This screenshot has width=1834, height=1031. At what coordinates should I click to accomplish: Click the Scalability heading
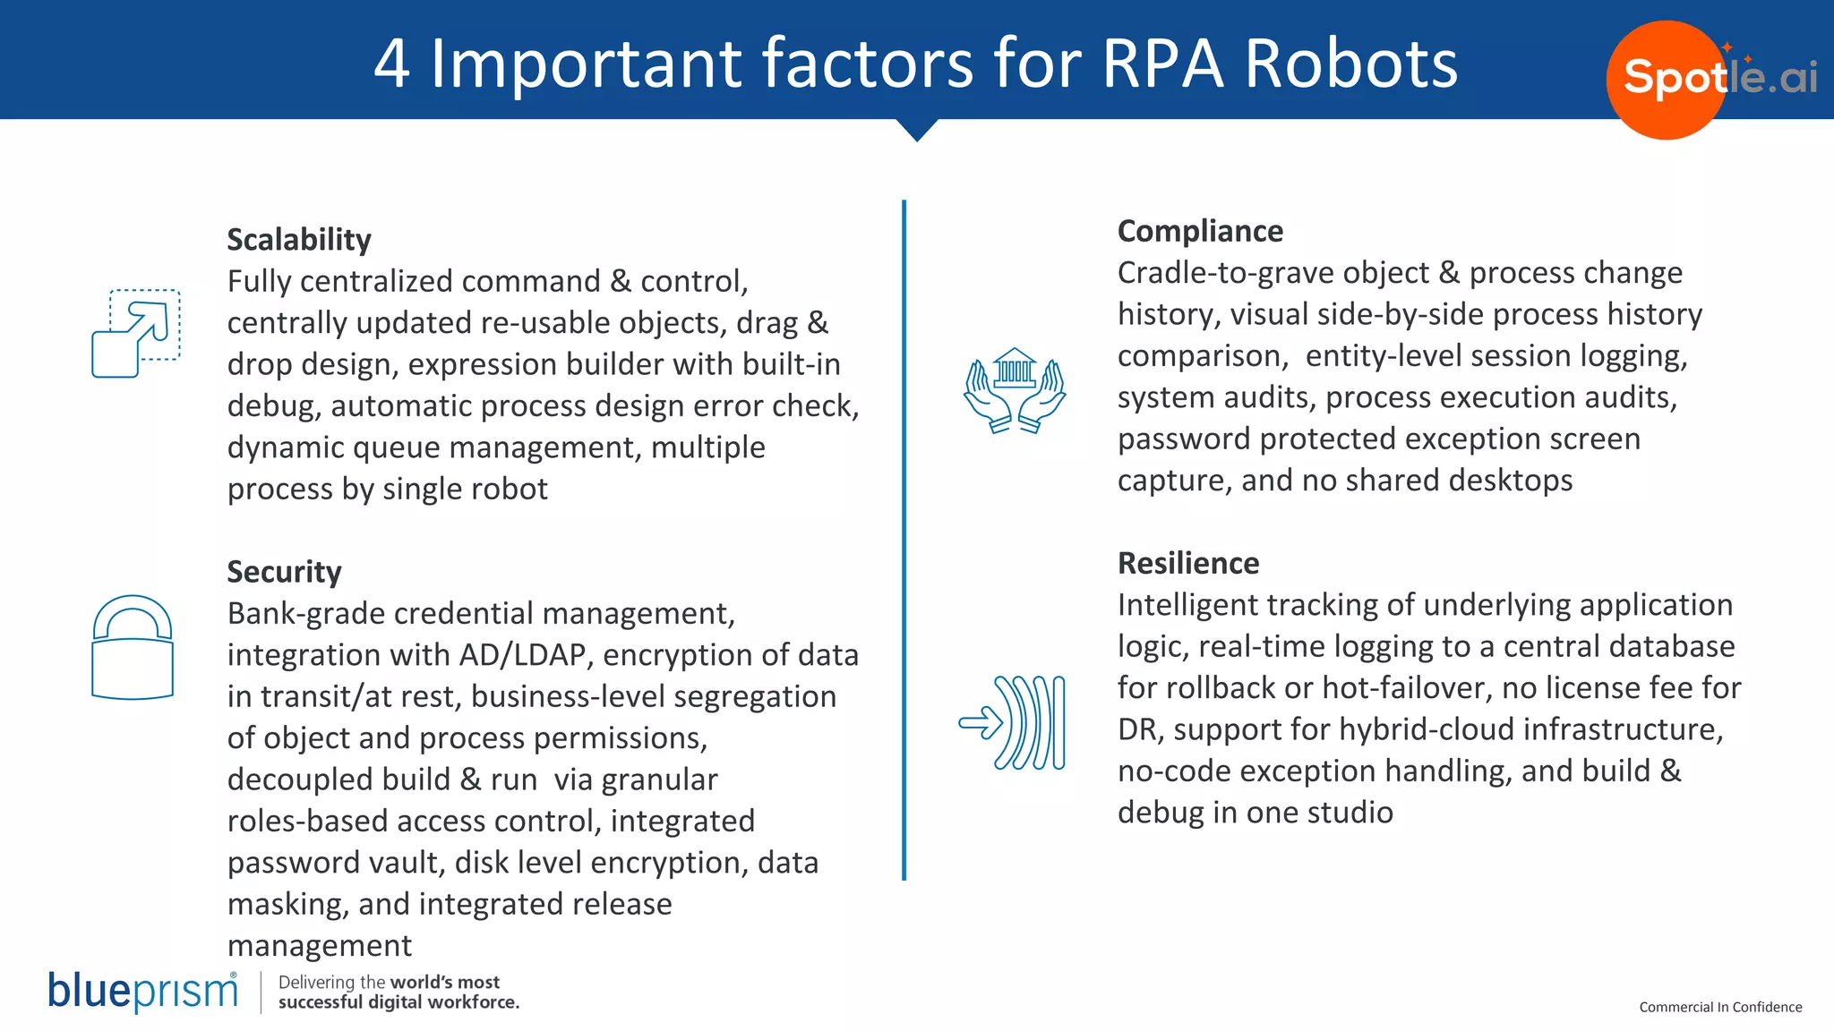pos(298,240)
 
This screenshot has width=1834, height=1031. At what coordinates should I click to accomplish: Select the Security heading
pos(284,572)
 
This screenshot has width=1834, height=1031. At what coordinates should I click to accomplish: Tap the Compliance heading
pos(1200,231)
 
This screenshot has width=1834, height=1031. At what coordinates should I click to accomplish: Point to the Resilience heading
pos(1188,563)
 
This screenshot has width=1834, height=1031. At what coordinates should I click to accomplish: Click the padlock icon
pos(133,647)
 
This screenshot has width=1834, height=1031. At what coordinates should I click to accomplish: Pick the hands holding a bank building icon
pos(1015,390)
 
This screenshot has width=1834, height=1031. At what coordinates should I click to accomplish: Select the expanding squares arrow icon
pos(136,333)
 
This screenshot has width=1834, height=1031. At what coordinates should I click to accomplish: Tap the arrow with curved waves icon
pos(1013,723)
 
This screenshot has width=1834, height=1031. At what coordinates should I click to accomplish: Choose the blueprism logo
pos(143,992)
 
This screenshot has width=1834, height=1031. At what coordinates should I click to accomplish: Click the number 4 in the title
pos(392,64)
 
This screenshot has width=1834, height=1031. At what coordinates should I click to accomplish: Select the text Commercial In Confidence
pos(1720,1007)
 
